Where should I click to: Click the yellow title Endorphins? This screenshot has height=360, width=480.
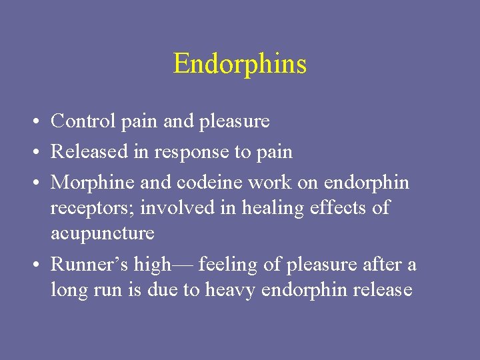tap(240, 64)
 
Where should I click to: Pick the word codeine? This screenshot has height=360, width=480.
tap(213, 183)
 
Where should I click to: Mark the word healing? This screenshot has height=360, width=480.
tap(269, 208)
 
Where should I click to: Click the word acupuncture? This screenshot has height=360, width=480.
tap(102, 234)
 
